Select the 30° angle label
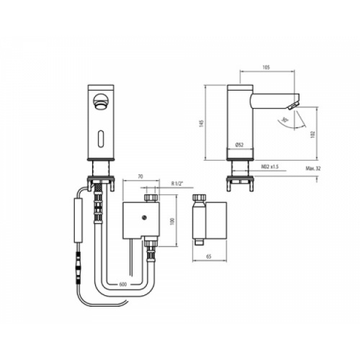pyautogui.click(x=285, y=118)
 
